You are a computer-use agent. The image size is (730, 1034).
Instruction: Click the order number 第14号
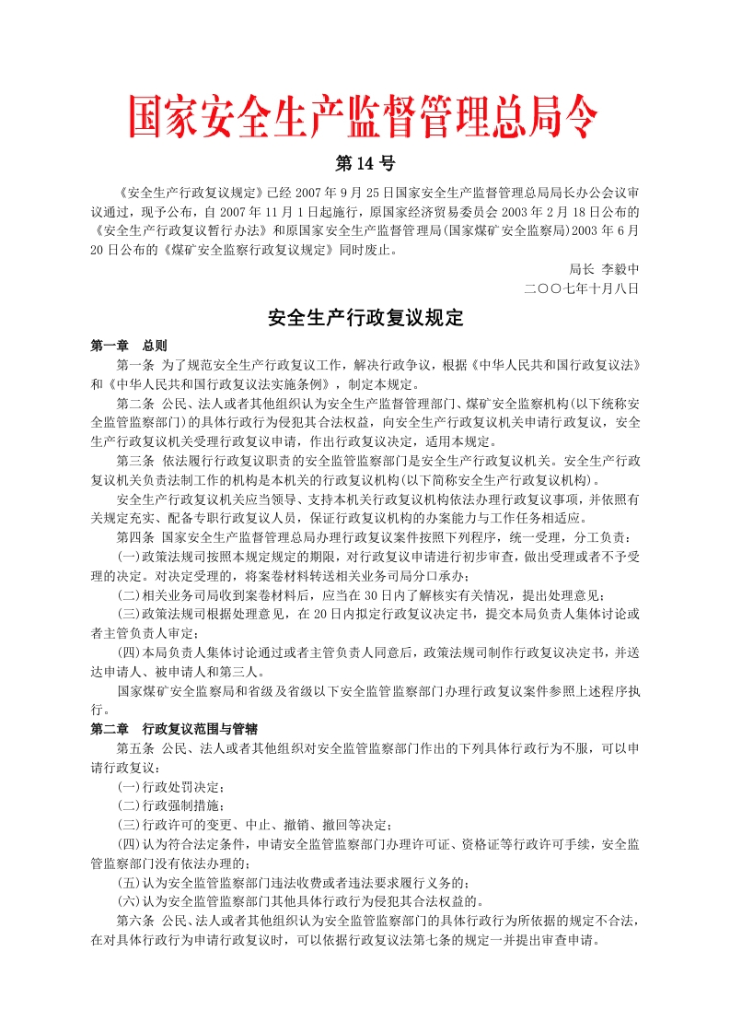click(x=365, y=164)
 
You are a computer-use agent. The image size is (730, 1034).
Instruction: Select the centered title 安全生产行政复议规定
click(x=365, y=319)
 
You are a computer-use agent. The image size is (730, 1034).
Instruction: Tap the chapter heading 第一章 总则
click(x=128, y=347)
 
